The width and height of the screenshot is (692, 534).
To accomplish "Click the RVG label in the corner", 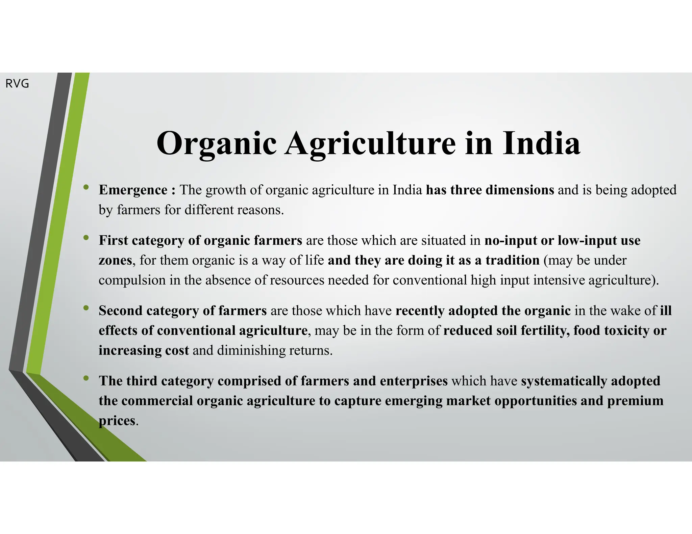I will [x=17, y=83].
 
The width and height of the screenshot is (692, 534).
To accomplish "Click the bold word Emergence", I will [x=133, y=190].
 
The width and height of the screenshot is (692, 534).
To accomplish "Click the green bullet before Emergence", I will [x=86, y=187].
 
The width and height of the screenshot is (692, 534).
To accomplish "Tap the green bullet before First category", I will [x=86, y=238].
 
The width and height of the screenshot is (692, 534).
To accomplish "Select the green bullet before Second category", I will [x=86, y=308].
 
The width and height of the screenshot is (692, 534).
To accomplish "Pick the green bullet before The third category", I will [x=86, y=378].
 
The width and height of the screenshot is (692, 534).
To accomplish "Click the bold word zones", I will [x=115, y=260].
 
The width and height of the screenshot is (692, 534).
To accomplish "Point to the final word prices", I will [x=117, y=421].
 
